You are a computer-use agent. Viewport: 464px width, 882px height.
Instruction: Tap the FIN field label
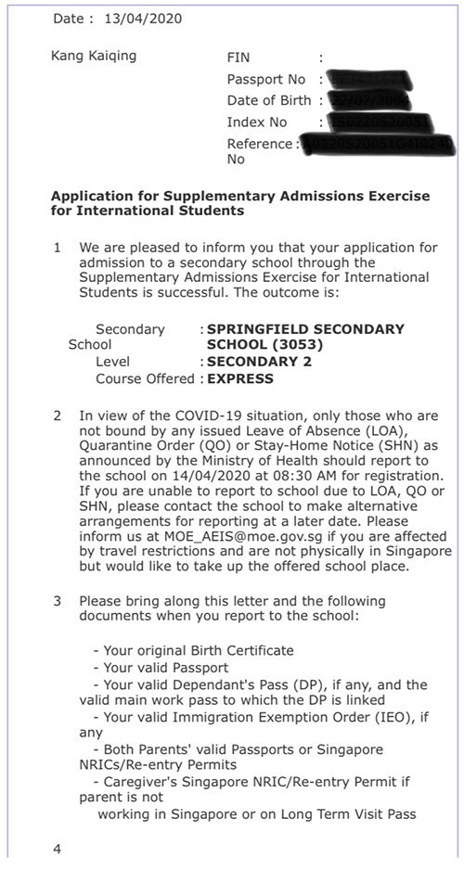pos(238,58)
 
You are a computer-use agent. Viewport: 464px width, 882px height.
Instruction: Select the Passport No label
pos(266,79)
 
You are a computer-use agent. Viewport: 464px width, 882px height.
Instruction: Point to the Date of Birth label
pos(270,100)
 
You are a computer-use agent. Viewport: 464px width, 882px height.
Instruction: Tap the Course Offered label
pos(145,378)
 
